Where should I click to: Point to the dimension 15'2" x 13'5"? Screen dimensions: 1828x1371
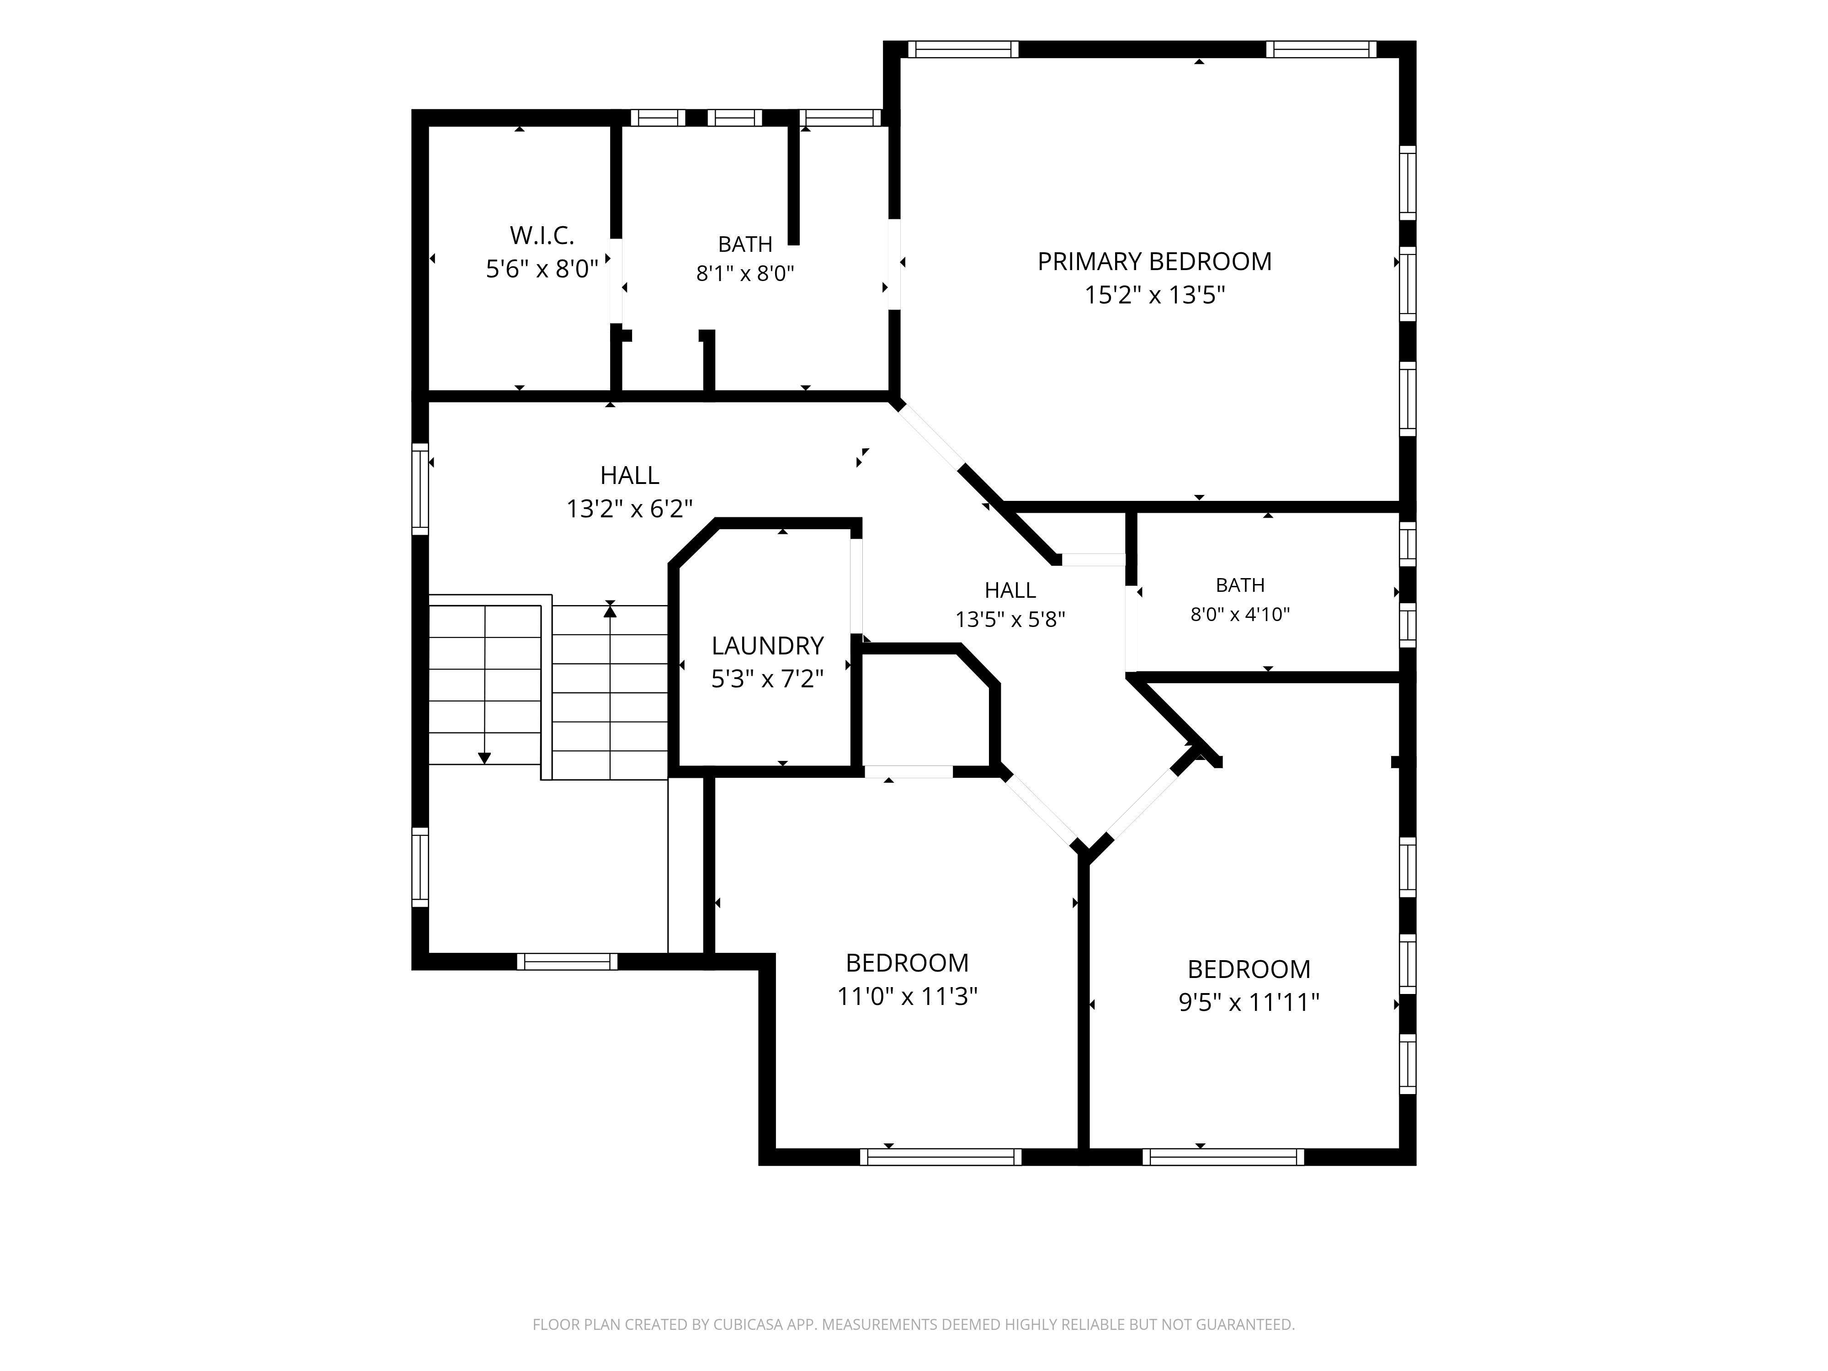(1154, 295)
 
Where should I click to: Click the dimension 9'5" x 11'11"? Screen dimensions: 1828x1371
(1249, 1002)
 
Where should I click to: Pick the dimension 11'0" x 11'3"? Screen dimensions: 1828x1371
(908, 997)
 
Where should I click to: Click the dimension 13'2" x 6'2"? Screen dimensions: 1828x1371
(630, 509)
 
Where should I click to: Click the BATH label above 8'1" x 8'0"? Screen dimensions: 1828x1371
(745, 244)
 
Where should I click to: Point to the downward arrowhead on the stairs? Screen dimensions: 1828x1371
(485, 758)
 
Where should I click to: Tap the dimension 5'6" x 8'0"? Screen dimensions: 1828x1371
(542, 270)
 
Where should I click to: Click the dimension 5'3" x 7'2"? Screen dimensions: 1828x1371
(768, 679)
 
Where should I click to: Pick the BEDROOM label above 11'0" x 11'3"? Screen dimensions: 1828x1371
(908, 963)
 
